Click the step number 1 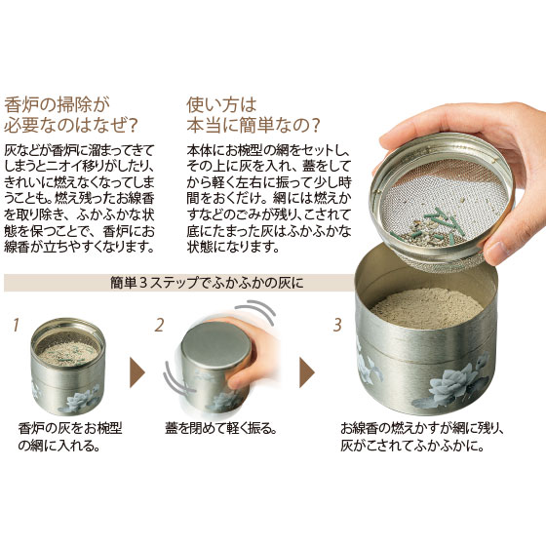click(16, 325)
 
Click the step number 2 click(159, 325)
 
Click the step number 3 click(337, 325)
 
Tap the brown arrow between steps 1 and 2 click(137, 372)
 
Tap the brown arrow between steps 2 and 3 click(307, 372)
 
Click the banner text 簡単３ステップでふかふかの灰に click(207, 283)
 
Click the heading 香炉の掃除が click(58, 104)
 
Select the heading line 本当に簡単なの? click(253, 125)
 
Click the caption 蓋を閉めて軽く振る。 click(220, 428)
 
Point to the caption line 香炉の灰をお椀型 click(70, 428)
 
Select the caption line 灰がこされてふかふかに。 click(412, 446)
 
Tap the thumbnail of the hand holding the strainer click(459, 184)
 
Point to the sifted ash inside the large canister click(427, 307)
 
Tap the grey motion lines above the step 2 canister click(255, 309)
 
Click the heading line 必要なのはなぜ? click(70, 125)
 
